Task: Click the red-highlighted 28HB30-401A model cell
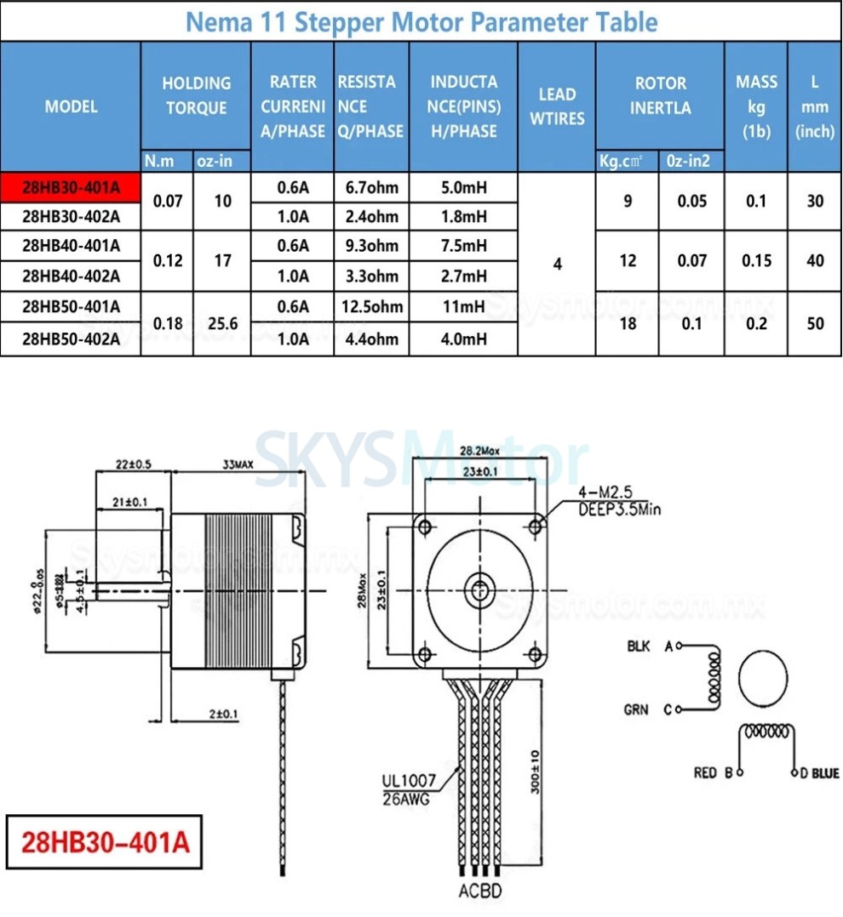click(x=71, y=187)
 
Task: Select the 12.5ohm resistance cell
click(x=372, y=306)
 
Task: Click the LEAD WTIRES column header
click(x=557, y=106)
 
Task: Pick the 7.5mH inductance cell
click(x=463, y=246)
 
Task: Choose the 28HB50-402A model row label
click(x=71, y=339)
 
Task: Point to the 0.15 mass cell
click(x=756, y=261)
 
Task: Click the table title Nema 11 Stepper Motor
click(x=421, y=21)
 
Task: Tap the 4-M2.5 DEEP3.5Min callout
click(x=618, y=502)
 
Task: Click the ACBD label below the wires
click(x=480, y=891)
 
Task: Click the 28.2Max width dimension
click(x=480, y=450)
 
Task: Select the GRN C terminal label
click(x=650, y=709)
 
